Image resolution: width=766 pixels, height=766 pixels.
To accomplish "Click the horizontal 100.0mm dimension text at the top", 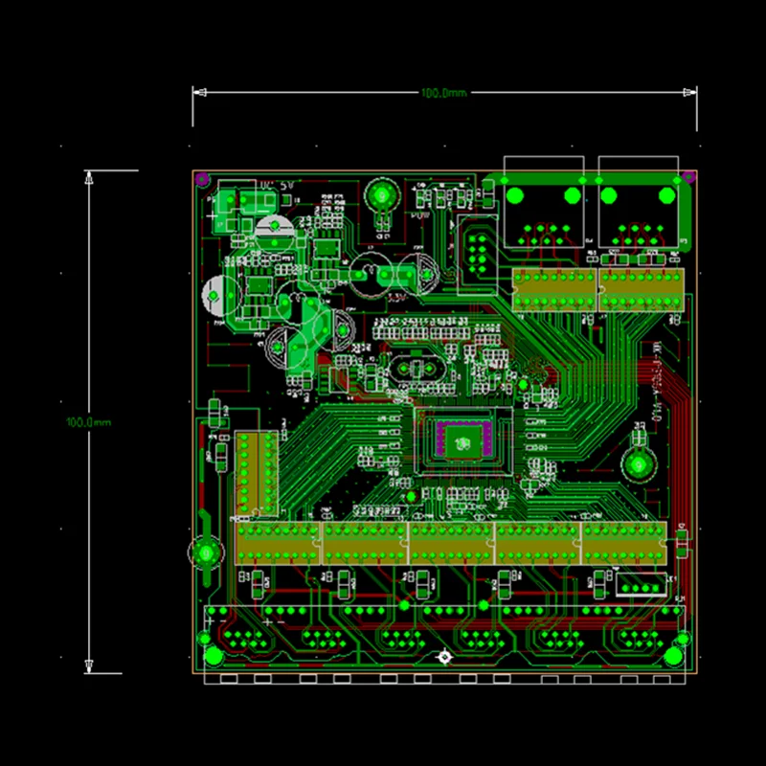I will click(x=443, y=93).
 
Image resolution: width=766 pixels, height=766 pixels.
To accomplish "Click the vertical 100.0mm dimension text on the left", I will click(x=89, y=422).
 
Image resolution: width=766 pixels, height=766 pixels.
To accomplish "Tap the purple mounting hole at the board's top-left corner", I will click(x=202, y=178).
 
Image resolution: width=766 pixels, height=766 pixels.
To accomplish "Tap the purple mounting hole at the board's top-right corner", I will click(x=687, y=177).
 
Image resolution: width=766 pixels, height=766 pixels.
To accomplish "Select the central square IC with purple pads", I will click(x=462, y=440).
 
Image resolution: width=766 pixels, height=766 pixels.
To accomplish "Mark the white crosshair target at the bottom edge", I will click(x=443, y=658).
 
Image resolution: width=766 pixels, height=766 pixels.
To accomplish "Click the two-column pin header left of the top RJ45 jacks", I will click(x=476, y=252).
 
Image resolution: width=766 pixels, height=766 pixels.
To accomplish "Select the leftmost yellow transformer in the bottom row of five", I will click(x=278, y=543).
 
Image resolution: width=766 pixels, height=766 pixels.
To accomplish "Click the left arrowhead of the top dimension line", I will click(x=197, y=93).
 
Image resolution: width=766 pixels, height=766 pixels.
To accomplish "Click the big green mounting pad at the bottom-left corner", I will click(x=213, y=656).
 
